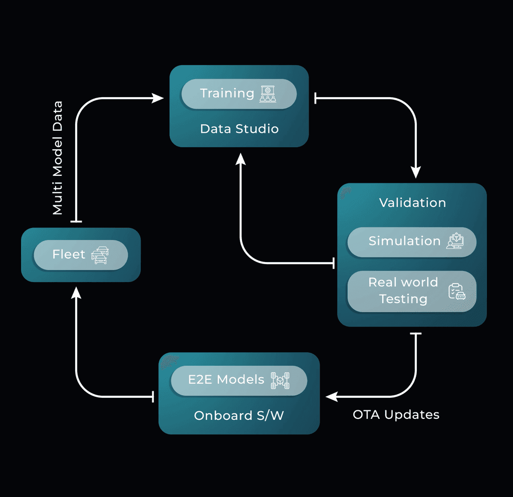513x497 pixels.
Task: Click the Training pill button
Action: (238, 94)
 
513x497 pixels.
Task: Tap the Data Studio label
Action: (239, 129)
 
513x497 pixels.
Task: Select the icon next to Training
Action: (268, 94)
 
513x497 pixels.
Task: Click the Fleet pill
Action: (80, 255)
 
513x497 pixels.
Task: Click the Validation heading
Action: (412, 202)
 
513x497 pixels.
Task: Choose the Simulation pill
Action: (411, 241)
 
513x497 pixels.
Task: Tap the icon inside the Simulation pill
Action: (454, 241)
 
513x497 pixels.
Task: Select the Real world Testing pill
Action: (411, 291)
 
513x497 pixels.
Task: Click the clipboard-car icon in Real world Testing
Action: (456, 292)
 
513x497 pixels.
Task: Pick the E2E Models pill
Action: (238, 380)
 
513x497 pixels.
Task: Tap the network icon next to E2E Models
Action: (281, 380)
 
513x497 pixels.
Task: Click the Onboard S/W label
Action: (238, 415)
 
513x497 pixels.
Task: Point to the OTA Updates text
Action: (396, 414)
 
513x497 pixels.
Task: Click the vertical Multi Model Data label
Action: (58, 158)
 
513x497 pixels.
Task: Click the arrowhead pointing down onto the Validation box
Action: (416, 172)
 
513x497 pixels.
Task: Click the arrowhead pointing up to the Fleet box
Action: (76, 293)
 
